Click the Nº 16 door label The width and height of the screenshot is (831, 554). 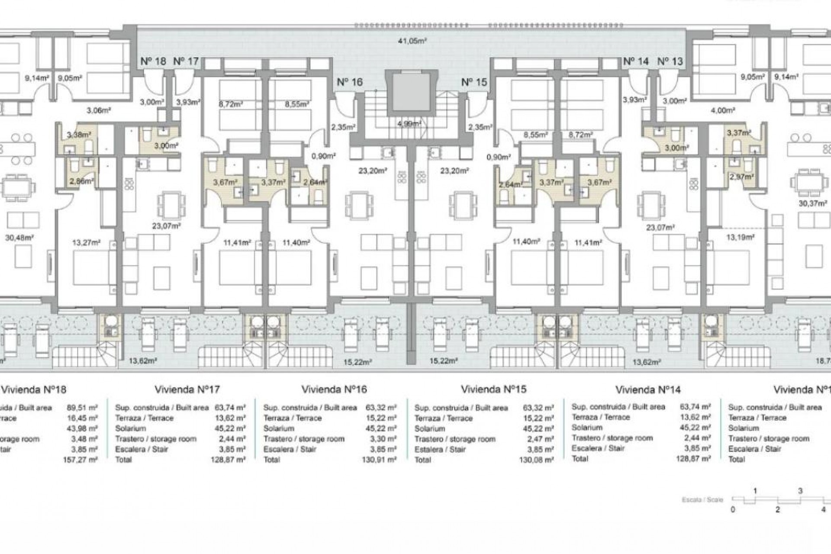[x=349, y=82]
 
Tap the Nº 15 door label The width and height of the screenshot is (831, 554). [x=474, y=82]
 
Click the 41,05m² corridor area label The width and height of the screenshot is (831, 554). [x=412, y=41]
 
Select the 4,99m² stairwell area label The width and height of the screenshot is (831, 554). [x=409, y=124]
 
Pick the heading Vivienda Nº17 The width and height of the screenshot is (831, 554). [x=187, y=389]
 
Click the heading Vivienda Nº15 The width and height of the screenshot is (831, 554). [x=493, y=389]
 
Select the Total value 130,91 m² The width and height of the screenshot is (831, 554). [x=379, y=460]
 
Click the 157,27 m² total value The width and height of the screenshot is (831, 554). [x=82, y=460]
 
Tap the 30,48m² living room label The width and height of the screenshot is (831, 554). [x=19, y=237]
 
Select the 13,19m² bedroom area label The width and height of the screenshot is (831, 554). [x=740, y=237]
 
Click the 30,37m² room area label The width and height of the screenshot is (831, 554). [x=812, y=203]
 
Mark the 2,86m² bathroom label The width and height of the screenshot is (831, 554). [x=81, y=181]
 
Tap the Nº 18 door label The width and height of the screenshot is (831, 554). [x=153, y=61]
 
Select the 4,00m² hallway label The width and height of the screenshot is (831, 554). [x=722, y=111]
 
